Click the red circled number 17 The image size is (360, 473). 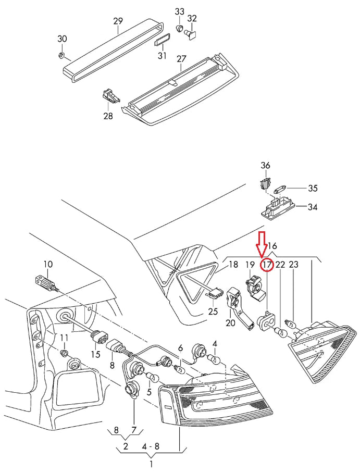tap(267, 265)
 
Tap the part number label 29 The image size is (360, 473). tap(118, 21)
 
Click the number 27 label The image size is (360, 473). tap(181, 59)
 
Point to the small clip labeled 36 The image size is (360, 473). tap(265, 183)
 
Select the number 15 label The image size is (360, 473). tap(95, 354)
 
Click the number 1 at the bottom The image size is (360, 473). tap(151, 464)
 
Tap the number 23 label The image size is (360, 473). tap(293, 265)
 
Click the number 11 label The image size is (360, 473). tap(64, 338)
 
